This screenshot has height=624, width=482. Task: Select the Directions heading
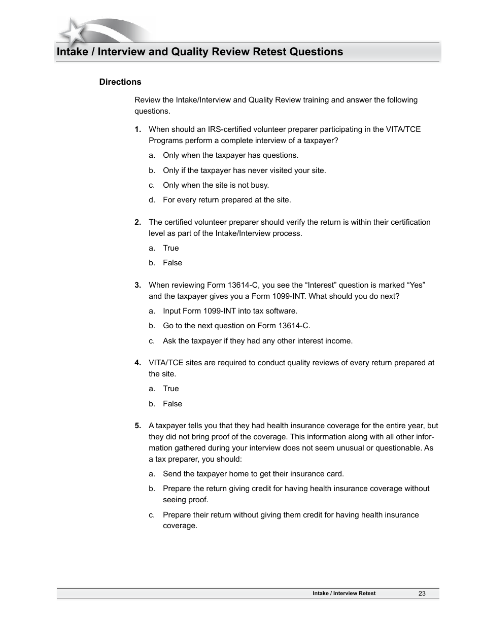point(120,82)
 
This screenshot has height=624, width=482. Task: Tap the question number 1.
point(137,129)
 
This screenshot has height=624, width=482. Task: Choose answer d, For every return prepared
point(227,200)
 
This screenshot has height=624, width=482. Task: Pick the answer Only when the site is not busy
point(216,185)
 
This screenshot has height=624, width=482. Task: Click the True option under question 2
point(170,248)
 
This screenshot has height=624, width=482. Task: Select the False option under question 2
point(172,263)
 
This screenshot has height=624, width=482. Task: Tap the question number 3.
point(137,285)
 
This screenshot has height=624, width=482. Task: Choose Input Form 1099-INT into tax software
point(230,311)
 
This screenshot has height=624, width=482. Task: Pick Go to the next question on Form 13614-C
point(236,326)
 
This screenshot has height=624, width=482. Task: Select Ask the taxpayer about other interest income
point(257,341)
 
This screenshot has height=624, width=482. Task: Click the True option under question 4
point(170,389)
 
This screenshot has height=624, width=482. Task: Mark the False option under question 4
point(172,404)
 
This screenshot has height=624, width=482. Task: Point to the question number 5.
point(137,426)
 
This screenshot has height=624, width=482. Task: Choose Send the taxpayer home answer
point(253,474)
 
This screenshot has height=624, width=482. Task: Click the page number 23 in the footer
point(422,594)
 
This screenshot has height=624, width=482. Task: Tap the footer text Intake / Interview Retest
point(344,593)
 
